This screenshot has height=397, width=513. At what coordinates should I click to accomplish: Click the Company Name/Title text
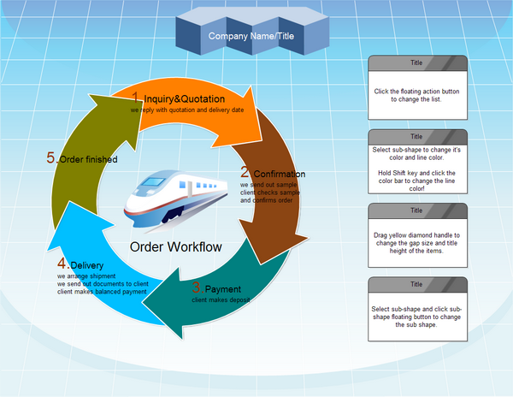(x=251, y=37)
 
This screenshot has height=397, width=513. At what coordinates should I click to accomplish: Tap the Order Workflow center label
(x=176, y=247)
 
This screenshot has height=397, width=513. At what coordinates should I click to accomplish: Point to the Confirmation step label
(x=279, y=175)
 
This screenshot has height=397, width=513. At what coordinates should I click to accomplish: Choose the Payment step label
(x=223, y=289)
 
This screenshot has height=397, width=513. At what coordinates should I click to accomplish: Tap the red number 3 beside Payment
(x=197, y=287)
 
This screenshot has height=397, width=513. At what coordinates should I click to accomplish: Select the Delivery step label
(x=87, y=266)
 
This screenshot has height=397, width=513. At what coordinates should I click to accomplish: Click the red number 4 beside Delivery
(x=62, y=264)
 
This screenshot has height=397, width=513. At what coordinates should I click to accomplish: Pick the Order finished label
(x=88, y=159)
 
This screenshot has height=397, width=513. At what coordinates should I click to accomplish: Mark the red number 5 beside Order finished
(x=51, y=157)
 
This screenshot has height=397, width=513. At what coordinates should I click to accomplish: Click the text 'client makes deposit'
(x=221, y=300)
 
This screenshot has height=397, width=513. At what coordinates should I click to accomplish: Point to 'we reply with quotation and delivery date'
(x=187, y=110)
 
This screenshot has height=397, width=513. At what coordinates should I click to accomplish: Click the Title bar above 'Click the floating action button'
(x=417, y=62)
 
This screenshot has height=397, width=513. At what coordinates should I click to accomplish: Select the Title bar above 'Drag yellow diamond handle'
(x=417, y=210)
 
